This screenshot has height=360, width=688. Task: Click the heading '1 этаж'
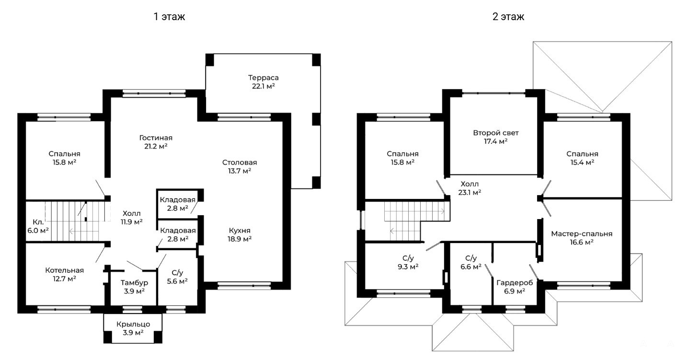(x=169, y=16)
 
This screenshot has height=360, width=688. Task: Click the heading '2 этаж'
(x=508, y=16)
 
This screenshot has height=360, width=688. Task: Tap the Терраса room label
(x=263, y=78)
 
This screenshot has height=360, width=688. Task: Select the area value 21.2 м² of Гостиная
(x=156, y=146)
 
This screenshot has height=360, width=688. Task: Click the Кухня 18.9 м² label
(x=240, y=234)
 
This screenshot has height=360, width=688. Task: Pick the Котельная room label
(x=65, y=270)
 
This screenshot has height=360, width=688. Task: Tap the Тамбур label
(x=134, y=282)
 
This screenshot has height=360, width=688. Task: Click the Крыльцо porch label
(x=133, y=324)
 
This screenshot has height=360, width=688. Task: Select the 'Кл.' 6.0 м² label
(x=38, y=226)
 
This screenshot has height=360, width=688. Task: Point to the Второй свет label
(x=496, y=133)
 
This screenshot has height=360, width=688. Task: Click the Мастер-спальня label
(x=582, y=233)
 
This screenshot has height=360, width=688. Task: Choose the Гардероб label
(x=515, y=282)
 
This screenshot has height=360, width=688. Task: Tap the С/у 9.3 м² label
(x=408, y=262)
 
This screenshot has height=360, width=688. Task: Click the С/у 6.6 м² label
(x=471, y=262)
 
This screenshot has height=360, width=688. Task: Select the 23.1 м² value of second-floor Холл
(x=470, y=193)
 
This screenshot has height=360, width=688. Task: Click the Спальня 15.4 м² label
(x=582, y=158)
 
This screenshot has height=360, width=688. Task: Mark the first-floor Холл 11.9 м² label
(x=131, y=217)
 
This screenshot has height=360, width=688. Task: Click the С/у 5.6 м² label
(x=177, y=277)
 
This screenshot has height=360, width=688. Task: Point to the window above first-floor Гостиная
(x=154, y=93)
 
